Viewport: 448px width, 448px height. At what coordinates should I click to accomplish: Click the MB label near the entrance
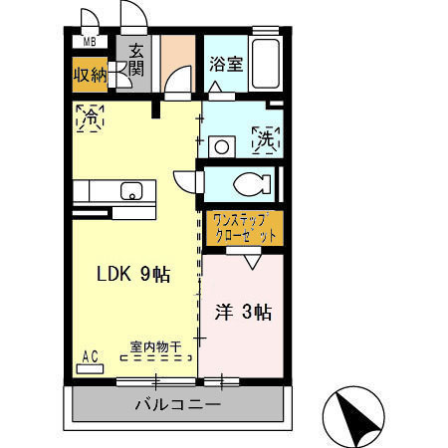90,41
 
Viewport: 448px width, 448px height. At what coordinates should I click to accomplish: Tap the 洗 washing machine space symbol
268,139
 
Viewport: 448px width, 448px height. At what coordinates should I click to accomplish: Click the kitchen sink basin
130,191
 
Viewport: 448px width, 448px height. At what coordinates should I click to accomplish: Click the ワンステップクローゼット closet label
242,230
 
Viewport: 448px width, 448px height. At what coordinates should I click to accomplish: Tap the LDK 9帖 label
133,275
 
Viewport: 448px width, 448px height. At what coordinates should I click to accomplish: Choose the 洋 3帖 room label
244,313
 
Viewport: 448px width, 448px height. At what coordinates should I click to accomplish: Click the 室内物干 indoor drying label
154,347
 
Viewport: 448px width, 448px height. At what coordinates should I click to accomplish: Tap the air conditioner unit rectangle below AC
90,367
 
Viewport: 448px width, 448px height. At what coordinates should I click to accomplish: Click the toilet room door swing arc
187,181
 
